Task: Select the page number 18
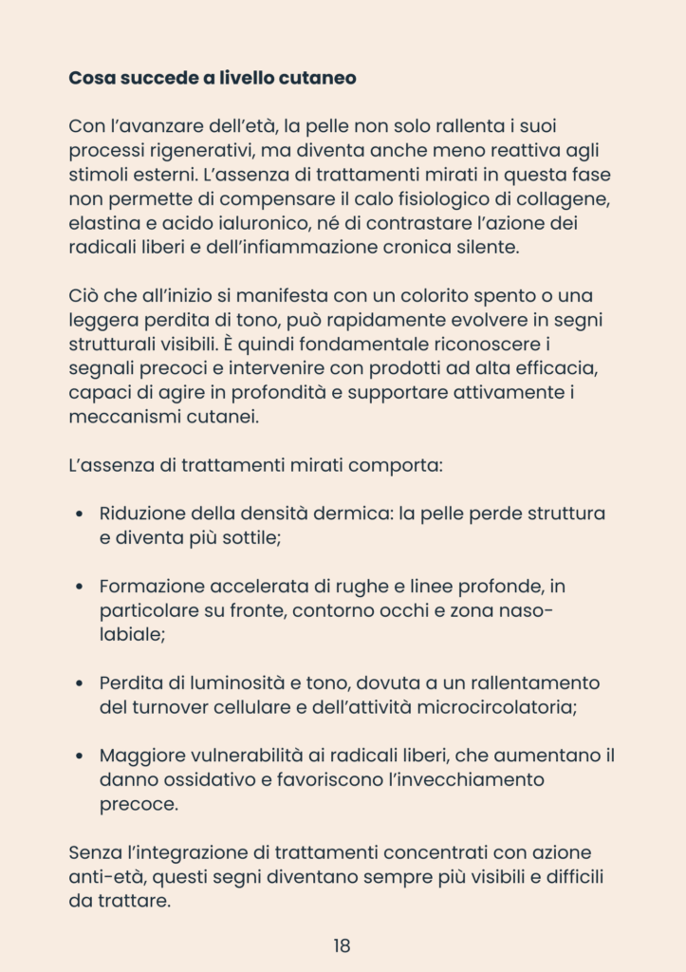tap(343, 945)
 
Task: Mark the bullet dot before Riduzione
tap(80, 514)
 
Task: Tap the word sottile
tap(246, 538)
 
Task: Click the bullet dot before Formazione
tap(80, 588)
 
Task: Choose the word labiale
tap(131, 636)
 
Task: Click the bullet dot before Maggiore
tap(80, 757)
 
